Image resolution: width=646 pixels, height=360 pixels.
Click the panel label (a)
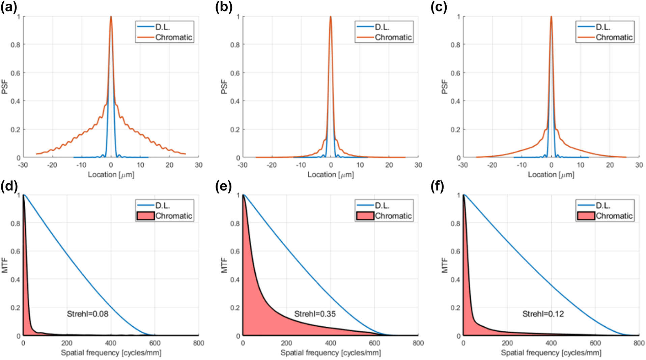[9, 7]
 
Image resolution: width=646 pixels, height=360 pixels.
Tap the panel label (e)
[223, 186]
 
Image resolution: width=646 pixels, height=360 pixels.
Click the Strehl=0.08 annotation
[88, 314]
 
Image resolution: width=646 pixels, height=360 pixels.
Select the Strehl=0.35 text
[315, 314]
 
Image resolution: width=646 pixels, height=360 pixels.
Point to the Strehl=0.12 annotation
[543, 314]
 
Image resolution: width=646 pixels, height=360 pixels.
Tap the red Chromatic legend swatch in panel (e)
[365, 216]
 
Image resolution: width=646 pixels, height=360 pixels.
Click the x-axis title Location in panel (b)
[330, 175]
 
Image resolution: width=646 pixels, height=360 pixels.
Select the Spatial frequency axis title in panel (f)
[551, 353]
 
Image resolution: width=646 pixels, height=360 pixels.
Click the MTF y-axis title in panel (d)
[5, 265]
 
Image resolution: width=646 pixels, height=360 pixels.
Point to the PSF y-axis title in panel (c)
[445, 87]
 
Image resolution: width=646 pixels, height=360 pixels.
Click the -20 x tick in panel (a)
[52, 165]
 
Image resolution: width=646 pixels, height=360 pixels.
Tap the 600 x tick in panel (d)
[155, 343]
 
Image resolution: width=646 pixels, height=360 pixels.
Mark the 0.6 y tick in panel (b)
[235, 73]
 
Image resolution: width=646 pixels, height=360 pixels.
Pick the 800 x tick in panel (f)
[639, 343]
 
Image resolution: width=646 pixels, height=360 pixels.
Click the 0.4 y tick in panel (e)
[235, 279]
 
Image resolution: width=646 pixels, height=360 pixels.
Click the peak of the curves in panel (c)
[551, 17]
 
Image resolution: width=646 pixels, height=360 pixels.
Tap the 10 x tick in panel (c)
[580, 165]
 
